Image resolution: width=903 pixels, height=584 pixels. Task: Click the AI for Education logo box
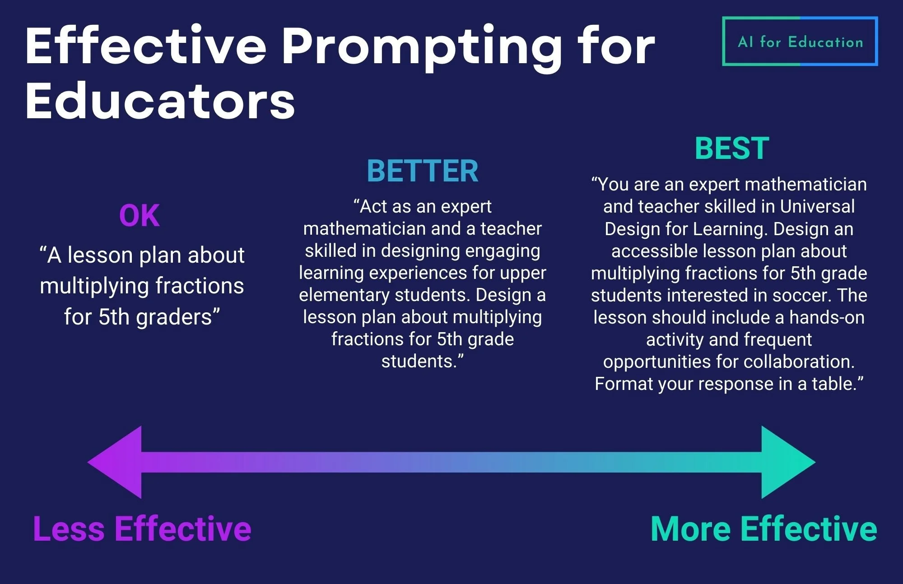[x=800, y=42]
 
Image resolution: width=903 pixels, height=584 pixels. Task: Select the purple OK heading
[x=139, y=216]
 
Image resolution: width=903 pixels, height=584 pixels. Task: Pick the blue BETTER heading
[x=422, y=171]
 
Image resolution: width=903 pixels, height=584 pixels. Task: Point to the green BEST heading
[x=731, y=148]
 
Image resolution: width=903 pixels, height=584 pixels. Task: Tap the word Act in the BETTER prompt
[x=372, y=206]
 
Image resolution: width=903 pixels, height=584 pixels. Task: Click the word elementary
[x=343, y=295]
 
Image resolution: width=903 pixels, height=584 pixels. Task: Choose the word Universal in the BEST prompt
[x=817, y=206]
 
